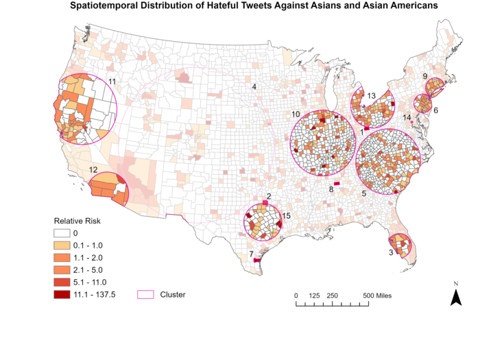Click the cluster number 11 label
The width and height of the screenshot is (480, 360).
pyautogui.click(x=112, y=82)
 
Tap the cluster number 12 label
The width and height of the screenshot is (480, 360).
pyautogui.click(x=93, y=169)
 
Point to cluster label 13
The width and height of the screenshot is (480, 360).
pyautogui.click(x=371, y=96)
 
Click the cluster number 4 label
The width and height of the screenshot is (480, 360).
pyautogui.click(x=254, y=87)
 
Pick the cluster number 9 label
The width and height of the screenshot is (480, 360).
pyautogui.click(x=426, y=76)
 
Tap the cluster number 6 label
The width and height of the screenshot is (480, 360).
pyautogui.click(x=435, y=110)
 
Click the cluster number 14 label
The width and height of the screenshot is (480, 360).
pyautogui.click(x=407, y=118)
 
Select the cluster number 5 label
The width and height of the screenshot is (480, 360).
pyautogui.click(x=363, y=194)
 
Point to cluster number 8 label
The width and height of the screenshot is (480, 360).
pyautogui.click(x=331, y=189)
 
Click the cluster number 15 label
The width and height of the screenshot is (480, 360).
pyautogui.click(x=287, y=216)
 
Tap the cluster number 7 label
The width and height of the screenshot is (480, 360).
pyautogui.click(x=252, y=254)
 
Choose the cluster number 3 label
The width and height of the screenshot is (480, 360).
pyautogui.click(x=391, y=252)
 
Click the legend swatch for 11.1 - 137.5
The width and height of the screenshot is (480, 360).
pyautogui.click(x=64, y=294)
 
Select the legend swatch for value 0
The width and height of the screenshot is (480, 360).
pyautogui.click(x=64, y=233)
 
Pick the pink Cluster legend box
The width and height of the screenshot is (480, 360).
pyautogui.click(x=145, y=294)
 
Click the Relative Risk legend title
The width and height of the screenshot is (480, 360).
pyautogui.click(x=78, y=221)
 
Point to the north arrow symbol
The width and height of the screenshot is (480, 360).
pyautogui.click(x=455, y=296)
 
